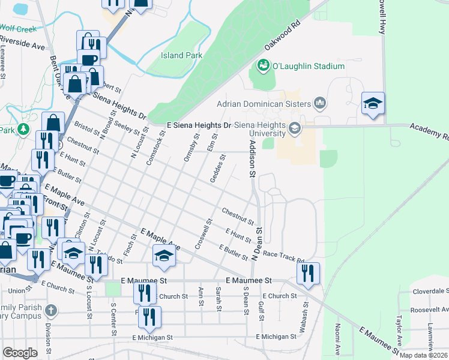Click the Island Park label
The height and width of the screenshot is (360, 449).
pyautogui.click(x=181, y=56)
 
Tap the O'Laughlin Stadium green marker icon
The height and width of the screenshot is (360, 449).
pyautogui.click(x=262, y=65)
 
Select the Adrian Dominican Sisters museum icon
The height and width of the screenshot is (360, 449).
pyautogui.click(x=319, y=104)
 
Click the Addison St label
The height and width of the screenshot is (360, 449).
pyautogui.click(x=253, y=160)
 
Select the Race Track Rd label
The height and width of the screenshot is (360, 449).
pyautogui.click(x=284, y=257)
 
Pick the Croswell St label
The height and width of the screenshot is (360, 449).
pyautogui.click(x=203, y=235)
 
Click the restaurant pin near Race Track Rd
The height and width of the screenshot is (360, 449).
pyautogui.click(x=308, y=274)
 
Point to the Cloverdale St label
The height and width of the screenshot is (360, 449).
pyautogui.click(x=430, y=292)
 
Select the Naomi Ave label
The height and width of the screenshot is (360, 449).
pyautogui.click(x=337, y=345)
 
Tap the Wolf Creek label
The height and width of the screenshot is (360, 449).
pyautogui.click(x=18, y=28)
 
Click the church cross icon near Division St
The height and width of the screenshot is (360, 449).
pyautogui.click(x=51, y=311)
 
